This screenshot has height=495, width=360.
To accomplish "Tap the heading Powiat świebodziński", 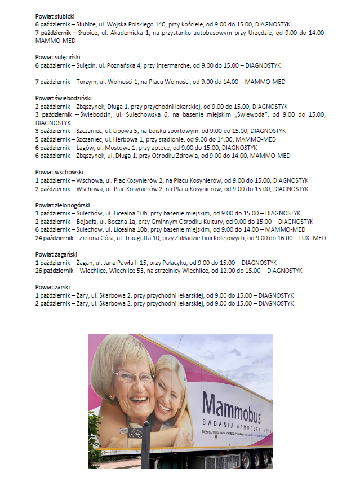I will [63, 98].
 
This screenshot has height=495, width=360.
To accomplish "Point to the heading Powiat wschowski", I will [59, 172].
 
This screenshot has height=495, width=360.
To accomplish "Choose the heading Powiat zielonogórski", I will [63, 205].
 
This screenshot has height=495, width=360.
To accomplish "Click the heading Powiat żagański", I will [57, 254].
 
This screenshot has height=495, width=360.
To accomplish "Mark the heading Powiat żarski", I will [52, 287].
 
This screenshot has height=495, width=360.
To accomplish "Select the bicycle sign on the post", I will [136, 433].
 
